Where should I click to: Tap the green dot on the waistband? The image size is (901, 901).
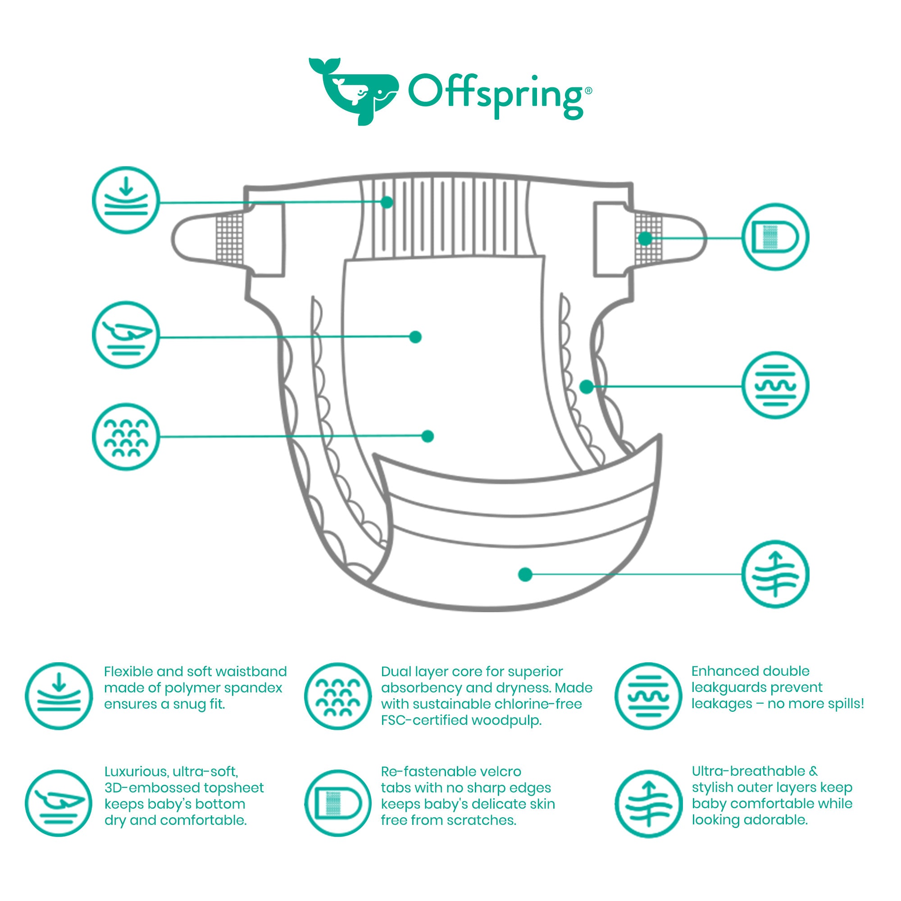click(x=387, y=202)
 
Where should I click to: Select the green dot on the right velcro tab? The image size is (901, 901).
click(x=645, y=238)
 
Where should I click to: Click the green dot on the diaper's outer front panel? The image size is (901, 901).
click(x=525, y=574)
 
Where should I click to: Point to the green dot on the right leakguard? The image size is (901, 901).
click(x=586, y=387)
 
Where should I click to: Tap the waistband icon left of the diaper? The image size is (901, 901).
click(x=126, y=200)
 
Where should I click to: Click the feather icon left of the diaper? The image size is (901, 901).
click(x=126, y=335)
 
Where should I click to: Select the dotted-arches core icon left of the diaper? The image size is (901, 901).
click(x=126, y=437)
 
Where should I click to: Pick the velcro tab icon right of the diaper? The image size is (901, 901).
click(x=775, y=237)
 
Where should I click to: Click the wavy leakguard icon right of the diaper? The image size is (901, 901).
click(x=775, y=385)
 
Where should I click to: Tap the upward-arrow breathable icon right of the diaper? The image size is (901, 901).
click(x=775, y=574)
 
